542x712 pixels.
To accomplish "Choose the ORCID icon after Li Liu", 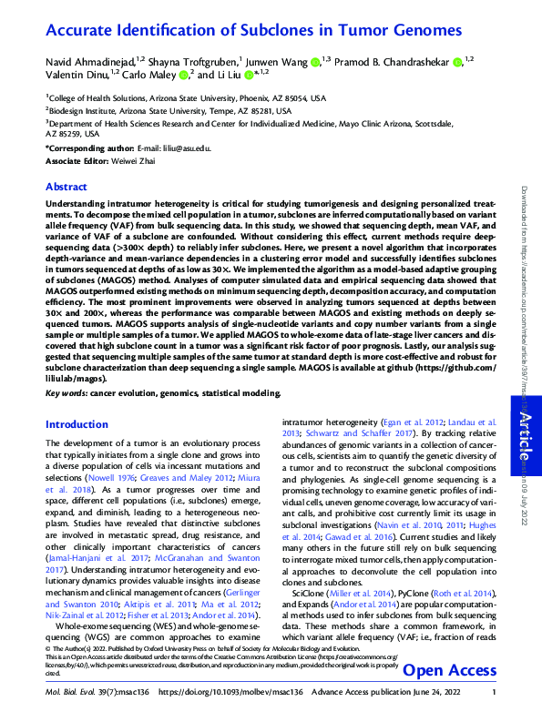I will tap(247, 76).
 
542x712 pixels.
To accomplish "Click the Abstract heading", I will tap(66, 186).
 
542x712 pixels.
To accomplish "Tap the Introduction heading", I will tap(77, 424).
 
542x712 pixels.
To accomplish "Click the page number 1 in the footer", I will tap(493, 699).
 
